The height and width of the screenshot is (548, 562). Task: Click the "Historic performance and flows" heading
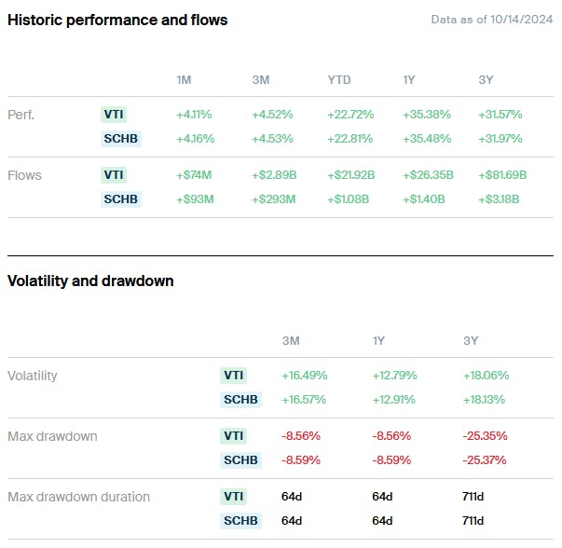pyautogui.click(x=117, y=20)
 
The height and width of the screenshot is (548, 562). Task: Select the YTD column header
pyautogui.click(x=338, y=80)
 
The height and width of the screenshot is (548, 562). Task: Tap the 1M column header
pyautogui.click(x=184, y=80)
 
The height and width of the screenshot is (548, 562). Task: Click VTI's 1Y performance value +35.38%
pyautogui.click(x=426, y=115)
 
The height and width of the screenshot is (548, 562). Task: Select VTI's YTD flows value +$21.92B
pyautogui.click(x=351, y=174)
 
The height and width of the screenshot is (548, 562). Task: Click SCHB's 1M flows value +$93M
pyautogui.click(x=194, y=199)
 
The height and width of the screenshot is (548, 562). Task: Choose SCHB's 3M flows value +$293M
pyautogui.click(x=273, y=199)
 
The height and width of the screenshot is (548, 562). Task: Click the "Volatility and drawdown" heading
pyautogui.click(x=90, y=281)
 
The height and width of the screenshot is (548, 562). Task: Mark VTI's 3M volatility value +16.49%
pyautogui.click(x=303, y=376)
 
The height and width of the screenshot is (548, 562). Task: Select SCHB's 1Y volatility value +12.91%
pyautogui.click(x=394, y=400)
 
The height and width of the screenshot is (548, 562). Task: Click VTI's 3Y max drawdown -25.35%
pyautogui.click(x=486, y=435)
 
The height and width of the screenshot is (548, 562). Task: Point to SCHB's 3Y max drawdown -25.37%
pyautogui.click(x=486, y=459)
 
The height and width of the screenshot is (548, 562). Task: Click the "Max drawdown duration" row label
pyautogui.click(x=78, y=496)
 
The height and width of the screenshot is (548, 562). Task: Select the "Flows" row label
pyautogui.click(x=24, y=174)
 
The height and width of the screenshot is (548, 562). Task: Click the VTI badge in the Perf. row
pyautogui.click(x=113, y=115)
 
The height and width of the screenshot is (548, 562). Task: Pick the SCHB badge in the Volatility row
pyautogui.click(x=240, y=400)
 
